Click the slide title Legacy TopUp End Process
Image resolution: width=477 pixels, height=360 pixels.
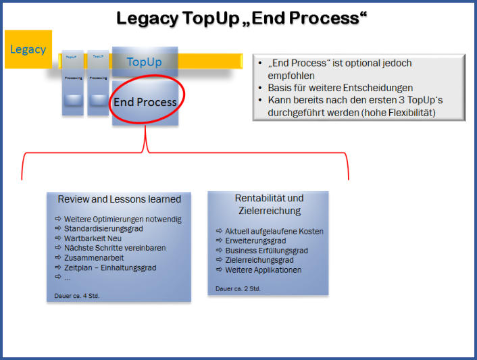[241, 18]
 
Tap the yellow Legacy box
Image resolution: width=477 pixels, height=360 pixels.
[28, 49]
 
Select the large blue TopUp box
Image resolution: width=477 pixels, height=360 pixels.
[144, 62]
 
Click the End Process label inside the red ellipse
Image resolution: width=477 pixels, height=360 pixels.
[145, 103]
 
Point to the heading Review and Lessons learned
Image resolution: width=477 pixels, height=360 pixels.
[119, 199]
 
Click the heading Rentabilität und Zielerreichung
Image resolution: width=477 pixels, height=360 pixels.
[268, 205]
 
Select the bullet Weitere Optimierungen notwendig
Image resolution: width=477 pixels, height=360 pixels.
[122, 220]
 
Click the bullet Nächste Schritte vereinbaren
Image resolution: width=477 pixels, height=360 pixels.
[114, 248]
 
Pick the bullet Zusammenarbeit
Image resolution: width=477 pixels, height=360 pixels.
[94, 258]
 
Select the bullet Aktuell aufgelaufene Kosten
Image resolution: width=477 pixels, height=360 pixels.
[274, 231]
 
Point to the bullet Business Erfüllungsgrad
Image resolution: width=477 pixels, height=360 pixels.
[266, 251]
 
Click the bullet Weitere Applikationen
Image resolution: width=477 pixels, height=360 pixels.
[262, 270]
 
